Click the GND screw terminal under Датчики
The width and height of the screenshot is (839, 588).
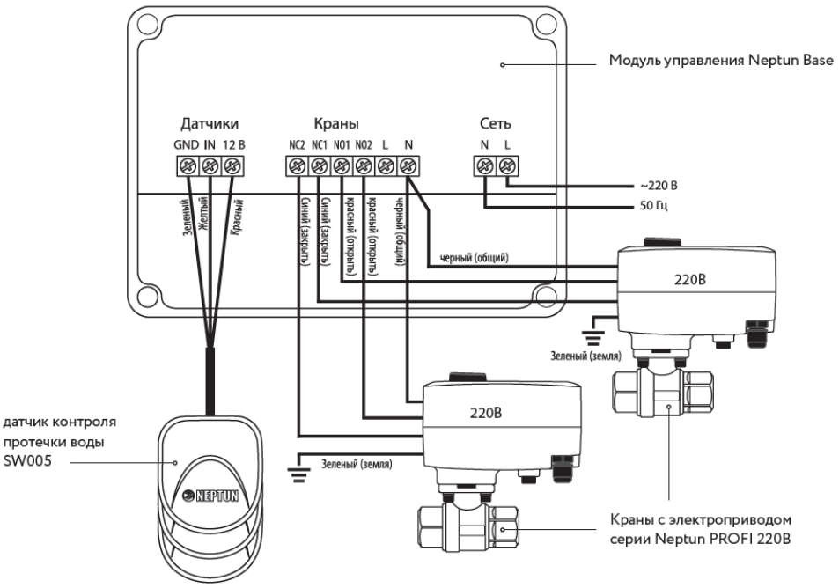[x=188, y=165]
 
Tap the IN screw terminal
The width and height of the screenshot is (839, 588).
[x=210, y=165]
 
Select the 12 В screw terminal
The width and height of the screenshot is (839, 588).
[x=232, y=165]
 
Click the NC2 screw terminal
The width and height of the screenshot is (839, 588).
[x=297, y=166]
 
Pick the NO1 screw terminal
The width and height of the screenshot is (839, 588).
[x=342, y=166]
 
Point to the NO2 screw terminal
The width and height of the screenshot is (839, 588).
[x=364, y=166]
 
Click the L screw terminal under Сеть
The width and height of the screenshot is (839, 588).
[x=507, y=165]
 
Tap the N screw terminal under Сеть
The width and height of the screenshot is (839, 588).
[x=485, y=165]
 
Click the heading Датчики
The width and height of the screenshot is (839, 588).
[x=210, y=124]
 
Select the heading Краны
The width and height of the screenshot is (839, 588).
[x=336, y=124]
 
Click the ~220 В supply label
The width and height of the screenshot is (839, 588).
[x=659, y=187]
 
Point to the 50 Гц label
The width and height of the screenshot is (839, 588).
[x=653, y=206]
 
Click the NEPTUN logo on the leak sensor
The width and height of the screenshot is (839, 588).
[x=210, y=496]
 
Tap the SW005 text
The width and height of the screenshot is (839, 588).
[x=28, y=460]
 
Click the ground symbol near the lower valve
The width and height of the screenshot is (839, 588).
[x=298, y=473]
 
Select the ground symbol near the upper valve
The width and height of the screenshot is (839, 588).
[x=592, y=337]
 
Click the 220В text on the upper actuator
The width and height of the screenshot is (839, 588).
[x=689, y=279]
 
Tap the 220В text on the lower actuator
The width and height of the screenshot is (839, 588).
[x=486, y=413]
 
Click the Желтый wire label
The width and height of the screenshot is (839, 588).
[x=204, y=214]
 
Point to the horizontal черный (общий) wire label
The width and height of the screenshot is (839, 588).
[x=474, y=258]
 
